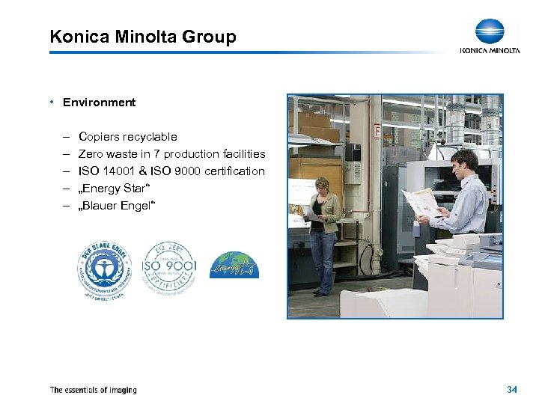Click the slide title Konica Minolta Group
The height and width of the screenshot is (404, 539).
(x=142, y=37)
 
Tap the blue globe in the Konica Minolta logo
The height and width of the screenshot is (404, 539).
(x=490, y=31)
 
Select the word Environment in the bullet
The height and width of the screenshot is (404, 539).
(x=99, y=102)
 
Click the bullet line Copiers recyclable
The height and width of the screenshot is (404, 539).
(x=127, y=137)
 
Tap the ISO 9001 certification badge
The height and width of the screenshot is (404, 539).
(x=168, y=267)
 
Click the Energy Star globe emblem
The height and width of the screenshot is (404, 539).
(x=234, y=266)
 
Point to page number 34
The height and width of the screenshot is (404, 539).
(x=512, y=390)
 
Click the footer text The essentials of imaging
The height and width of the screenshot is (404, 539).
(x=93, y=390)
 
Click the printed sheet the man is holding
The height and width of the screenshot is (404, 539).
(x=421, y=202)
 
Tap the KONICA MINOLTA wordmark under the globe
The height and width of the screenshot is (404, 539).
(x=490, y=51)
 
